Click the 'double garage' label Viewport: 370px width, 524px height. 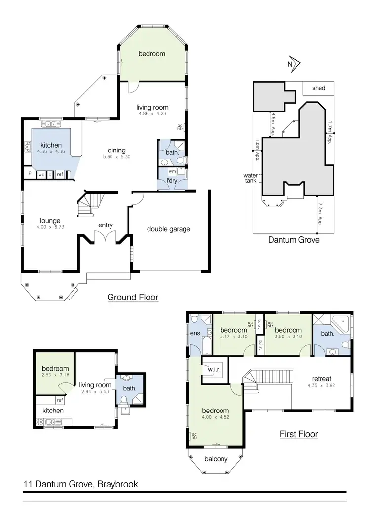click(x=168, y=229)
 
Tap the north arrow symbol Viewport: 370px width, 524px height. click(x=295, y=64)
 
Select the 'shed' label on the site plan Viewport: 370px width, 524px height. click(x=319, y=88)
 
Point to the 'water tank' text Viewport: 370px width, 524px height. click(x=251, y=178)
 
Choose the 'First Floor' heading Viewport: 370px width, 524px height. click(x=298, y=434)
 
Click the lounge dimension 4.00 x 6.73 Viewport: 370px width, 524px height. click(x=51, y=227)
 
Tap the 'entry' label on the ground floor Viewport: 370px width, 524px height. click(x=106, y=225)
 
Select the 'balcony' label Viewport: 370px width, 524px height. click(x=216, y=459)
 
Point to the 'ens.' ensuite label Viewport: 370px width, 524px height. click(x=195, y=333)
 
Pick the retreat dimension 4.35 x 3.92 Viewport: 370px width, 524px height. click(x=321, y=386)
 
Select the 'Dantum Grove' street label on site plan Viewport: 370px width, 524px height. click(x=294, y=240)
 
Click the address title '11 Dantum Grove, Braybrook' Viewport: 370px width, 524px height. click(x=80, y=484)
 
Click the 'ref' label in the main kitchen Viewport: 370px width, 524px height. click(x=60, y=174)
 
